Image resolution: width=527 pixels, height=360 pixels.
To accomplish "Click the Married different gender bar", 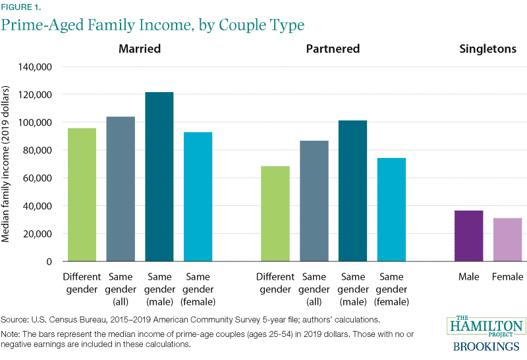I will point(82,195).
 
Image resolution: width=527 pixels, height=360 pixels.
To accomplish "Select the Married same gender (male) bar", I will point(159,177).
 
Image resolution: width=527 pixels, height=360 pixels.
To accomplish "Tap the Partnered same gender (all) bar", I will point(314,201).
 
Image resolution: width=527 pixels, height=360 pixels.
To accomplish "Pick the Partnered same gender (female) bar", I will point(392,209).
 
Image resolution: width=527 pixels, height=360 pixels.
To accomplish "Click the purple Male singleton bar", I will point(468,236).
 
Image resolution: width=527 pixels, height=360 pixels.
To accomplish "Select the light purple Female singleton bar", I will point(507,240).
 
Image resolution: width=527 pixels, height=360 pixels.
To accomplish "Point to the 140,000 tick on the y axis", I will point(38,67).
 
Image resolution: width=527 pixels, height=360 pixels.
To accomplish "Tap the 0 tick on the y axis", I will point(49,261).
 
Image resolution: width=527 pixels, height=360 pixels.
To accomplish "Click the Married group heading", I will point(139,49).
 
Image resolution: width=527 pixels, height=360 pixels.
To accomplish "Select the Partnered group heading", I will point(333,49).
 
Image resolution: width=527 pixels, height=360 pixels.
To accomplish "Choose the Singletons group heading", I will point(487,49).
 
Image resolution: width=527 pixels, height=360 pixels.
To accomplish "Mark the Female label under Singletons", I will point(507,277).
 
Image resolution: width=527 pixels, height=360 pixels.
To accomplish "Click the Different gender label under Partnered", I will point(275,283).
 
